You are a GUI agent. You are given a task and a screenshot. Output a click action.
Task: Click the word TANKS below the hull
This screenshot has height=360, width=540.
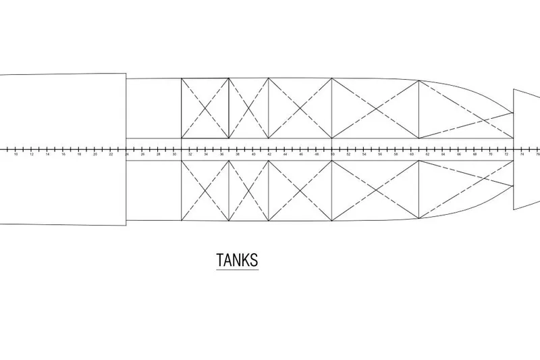point(237,260)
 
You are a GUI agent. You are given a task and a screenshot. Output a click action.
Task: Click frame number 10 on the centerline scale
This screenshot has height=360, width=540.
point(16,155)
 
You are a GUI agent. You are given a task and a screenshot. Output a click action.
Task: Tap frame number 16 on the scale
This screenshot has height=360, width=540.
point(63,155)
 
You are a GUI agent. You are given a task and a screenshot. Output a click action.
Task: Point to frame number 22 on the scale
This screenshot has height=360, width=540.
point(111,155)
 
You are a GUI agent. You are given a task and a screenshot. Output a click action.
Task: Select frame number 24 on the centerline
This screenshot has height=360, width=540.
point(126,155)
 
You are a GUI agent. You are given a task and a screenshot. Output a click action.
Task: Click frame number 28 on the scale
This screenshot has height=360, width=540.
point(158,155)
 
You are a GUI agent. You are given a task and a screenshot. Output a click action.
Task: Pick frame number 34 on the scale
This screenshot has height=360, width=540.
point(206,155)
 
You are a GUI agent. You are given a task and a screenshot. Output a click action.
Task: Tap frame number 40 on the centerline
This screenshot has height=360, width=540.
point(253,155)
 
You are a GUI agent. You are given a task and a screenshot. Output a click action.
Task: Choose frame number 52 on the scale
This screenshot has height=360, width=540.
point(348,155)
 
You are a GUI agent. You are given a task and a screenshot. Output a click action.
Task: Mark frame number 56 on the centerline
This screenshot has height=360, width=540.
point(380,155)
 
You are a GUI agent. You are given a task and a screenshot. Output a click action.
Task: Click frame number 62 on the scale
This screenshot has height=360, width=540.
point(427,155)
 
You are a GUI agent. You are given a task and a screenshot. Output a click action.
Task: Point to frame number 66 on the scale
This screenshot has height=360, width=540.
point(459,155)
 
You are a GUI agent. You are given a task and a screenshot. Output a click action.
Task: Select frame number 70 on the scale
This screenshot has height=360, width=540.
point(491,155)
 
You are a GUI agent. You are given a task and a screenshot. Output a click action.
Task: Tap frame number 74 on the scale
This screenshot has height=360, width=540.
point(522,155)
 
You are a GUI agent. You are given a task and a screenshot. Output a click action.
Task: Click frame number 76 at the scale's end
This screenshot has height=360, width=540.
point(537,155)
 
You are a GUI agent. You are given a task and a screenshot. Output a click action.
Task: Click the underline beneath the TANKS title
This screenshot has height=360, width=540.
point(237,269)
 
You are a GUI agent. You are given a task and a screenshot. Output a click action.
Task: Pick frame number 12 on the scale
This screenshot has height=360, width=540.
point(32,155)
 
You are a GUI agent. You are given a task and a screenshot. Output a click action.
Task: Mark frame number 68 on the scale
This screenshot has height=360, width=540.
point(475,155)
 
